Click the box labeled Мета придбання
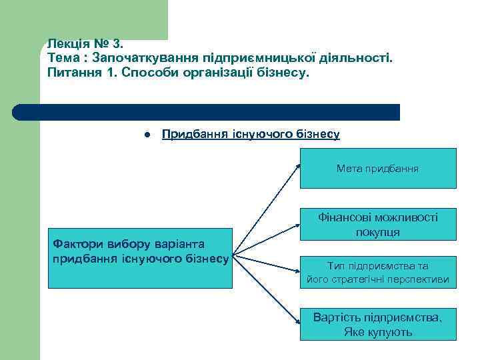(378, 169)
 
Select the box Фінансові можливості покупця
(378, 224)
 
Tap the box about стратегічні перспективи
(378, 272)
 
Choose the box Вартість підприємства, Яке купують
(378, 324)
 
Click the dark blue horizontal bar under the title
(207, 112)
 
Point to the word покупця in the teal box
(378, 231)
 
